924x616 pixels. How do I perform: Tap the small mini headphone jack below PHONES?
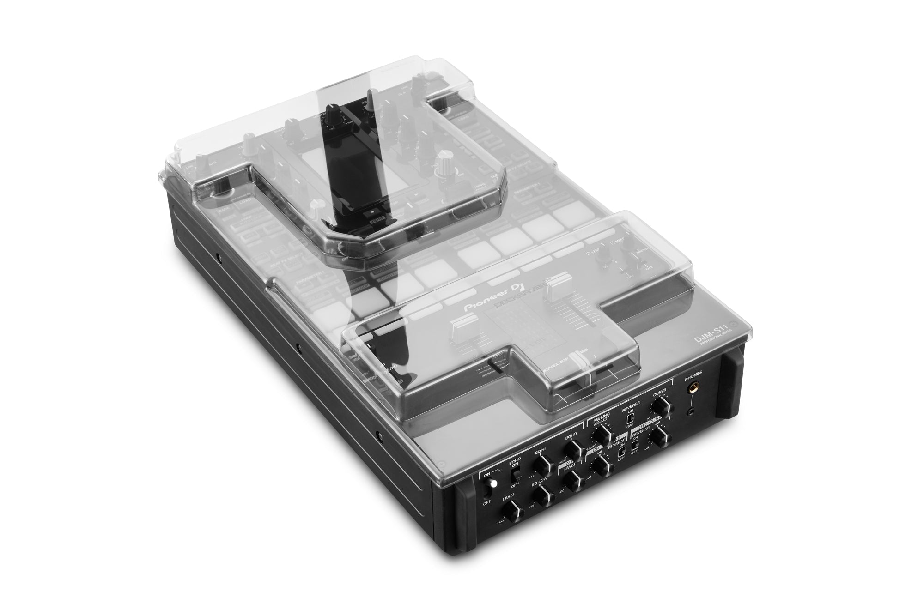(x=691, y=411)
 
